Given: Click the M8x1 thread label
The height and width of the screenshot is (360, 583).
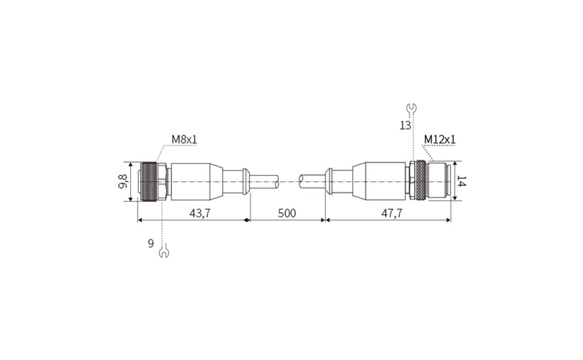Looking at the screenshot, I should (184, 140).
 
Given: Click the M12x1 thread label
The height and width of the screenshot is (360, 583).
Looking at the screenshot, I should (439, 140).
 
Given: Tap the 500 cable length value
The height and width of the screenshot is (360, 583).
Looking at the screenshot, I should (287, 213).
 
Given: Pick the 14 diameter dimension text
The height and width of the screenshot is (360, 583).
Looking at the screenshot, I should (462, 182).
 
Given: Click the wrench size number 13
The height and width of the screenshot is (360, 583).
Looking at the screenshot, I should (405, 125).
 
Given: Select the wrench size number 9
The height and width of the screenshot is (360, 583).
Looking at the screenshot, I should (152, 243).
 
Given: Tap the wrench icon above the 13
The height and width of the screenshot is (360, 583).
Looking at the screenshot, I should (412, 108).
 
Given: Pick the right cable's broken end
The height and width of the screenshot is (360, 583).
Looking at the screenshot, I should (302, 182).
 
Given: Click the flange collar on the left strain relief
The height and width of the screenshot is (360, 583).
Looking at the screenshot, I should (246, 182).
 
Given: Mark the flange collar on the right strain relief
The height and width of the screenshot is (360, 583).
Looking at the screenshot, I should (329, 182).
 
